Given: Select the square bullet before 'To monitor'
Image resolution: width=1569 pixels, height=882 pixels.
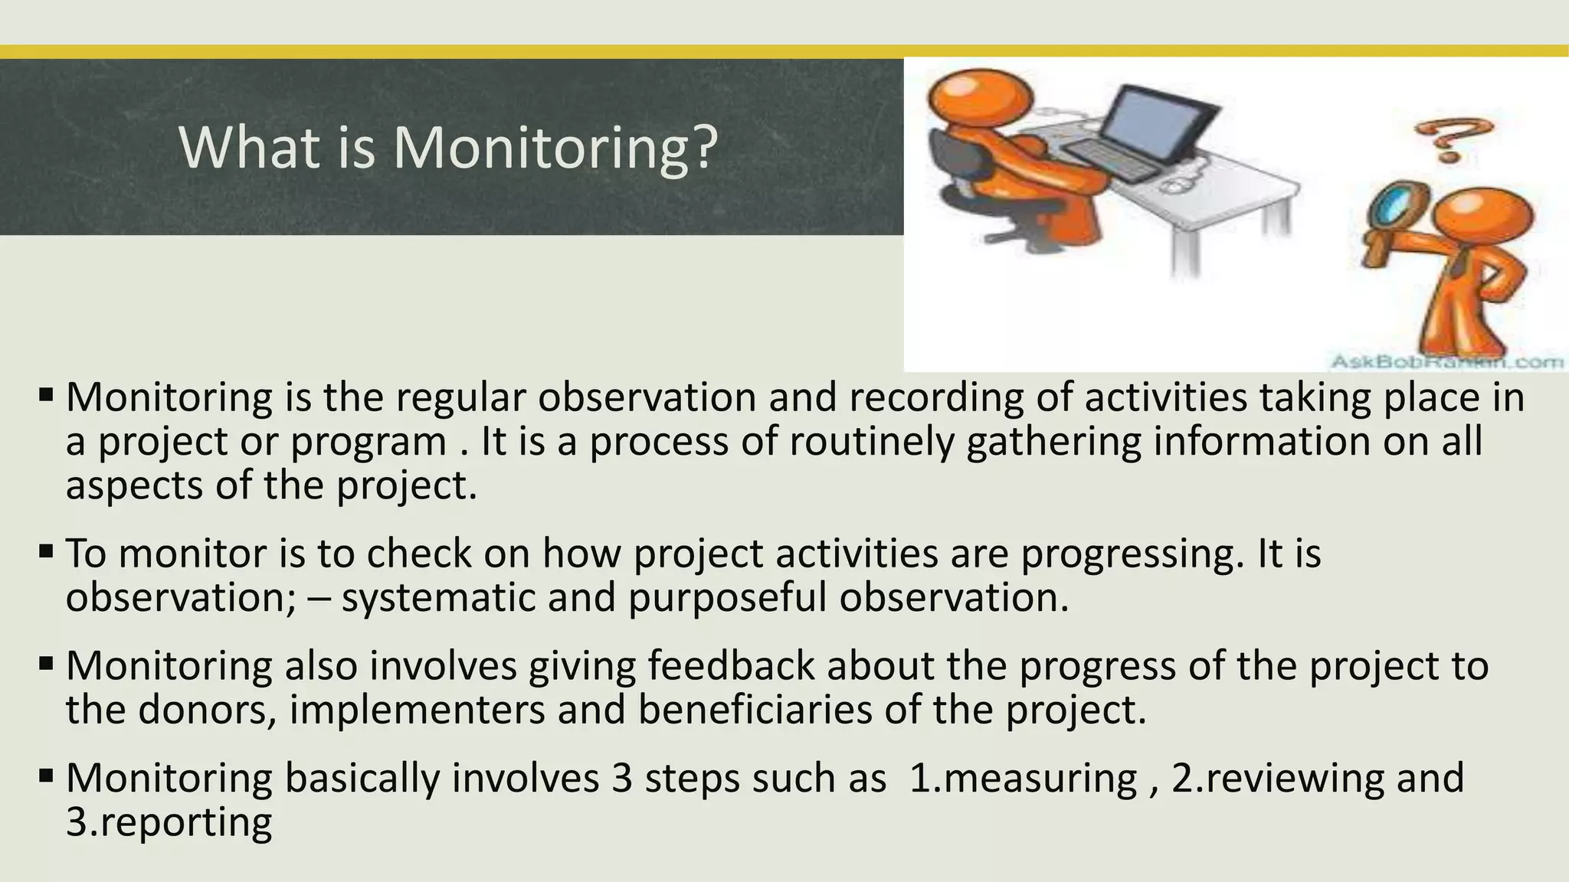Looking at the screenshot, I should click(46, 550).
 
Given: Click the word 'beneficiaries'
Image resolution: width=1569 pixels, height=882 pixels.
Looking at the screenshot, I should click(755, 710).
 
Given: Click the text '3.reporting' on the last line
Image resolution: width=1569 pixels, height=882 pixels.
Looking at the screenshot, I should click(169, 822).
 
